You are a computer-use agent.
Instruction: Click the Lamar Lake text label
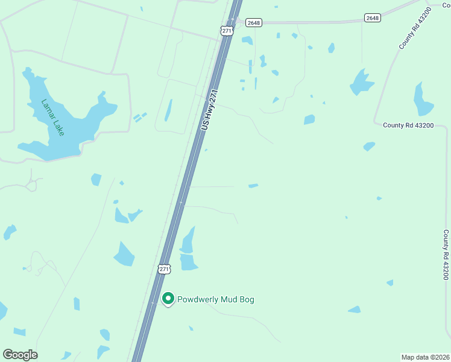point(52,117)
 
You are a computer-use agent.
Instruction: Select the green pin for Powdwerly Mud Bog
point(169,299)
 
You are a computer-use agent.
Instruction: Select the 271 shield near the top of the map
point(227,31)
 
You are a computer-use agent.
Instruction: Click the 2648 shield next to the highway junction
point(254,23)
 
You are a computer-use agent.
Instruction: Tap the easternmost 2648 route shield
point(373,18)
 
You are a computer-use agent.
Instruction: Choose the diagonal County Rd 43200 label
point(415,28)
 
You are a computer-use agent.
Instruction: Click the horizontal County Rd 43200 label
point(408,125)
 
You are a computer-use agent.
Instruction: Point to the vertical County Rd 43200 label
point(446,254)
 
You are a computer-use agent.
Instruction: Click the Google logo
point(20,355)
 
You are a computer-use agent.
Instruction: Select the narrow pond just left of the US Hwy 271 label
point(169,110)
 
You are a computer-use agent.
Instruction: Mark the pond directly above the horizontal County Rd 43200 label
point(423,100)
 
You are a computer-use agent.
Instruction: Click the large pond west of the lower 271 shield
point(124,255)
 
